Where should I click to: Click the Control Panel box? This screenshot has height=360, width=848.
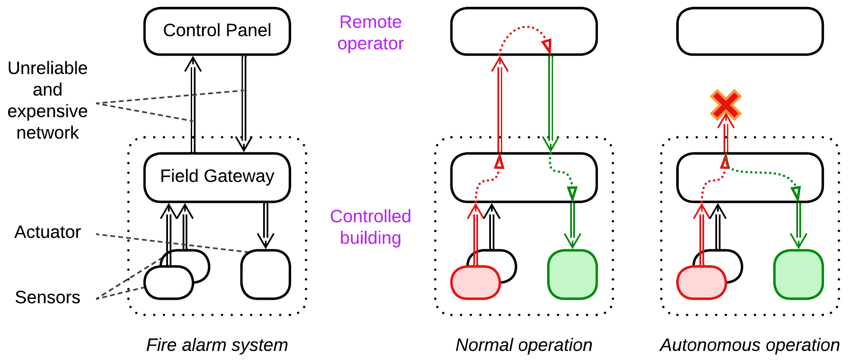coord(217,31)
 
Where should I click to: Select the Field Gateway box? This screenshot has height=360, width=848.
coord(217,177)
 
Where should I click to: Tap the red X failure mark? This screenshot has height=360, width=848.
coord(726,105)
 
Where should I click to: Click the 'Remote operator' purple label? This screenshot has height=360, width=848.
coord(370,33)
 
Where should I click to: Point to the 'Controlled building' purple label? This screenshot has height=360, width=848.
coord(370,227)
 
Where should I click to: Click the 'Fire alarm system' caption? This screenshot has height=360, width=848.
coord(217,345)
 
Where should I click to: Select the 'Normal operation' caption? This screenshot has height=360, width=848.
coord(524,345)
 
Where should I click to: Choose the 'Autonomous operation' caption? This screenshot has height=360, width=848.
coord(750,345)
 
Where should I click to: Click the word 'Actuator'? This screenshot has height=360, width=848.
coord(47,232)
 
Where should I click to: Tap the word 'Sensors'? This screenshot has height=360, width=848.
coord(47,297)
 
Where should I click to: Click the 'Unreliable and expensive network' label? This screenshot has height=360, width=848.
coord(47,100)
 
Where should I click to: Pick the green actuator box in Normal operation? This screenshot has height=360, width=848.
coord(572,274)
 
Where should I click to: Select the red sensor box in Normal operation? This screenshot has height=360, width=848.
coord(475,282)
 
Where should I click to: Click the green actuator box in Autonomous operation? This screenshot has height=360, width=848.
coord(798,274)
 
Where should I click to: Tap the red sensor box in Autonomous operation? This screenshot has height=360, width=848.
coord(702,282)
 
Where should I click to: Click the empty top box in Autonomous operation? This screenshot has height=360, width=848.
coord(750,31)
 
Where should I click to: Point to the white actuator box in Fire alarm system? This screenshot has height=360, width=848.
coord(265,274)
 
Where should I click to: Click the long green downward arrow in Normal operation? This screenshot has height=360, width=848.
coord(550,103)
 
